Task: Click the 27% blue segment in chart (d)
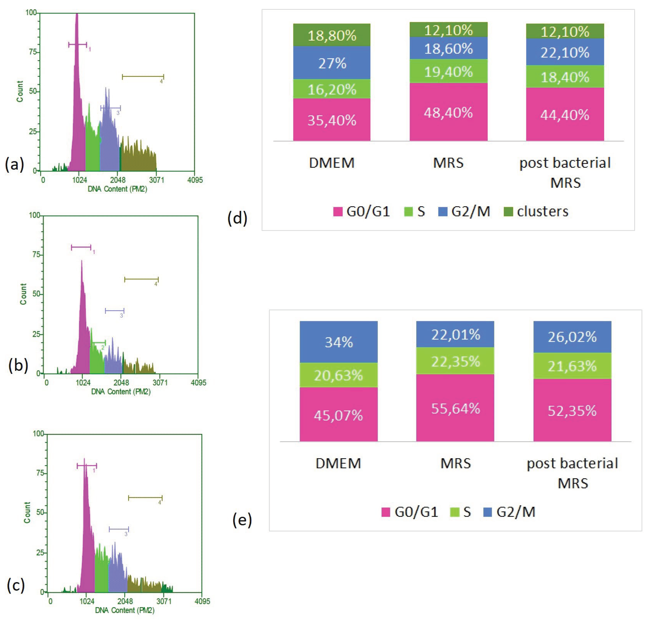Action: (332, 63)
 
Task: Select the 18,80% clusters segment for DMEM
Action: (332, 35)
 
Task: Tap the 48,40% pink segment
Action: (448, 112)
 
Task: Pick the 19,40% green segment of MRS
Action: (448, 71)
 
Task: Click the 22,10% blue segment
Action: (565, 52)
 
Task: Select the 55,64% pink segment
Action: (455, 408)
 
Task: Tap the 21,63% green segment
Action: (572, 366)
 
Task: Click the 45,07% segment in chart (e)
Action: (339, 415)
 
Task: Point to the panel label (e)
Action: (242, 520)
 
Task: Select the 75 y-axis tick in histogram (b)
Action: (36, 255)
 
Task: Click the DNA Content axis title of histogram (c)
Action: (125, 610)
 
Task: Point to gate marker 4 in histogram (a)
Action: (143, 77)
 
